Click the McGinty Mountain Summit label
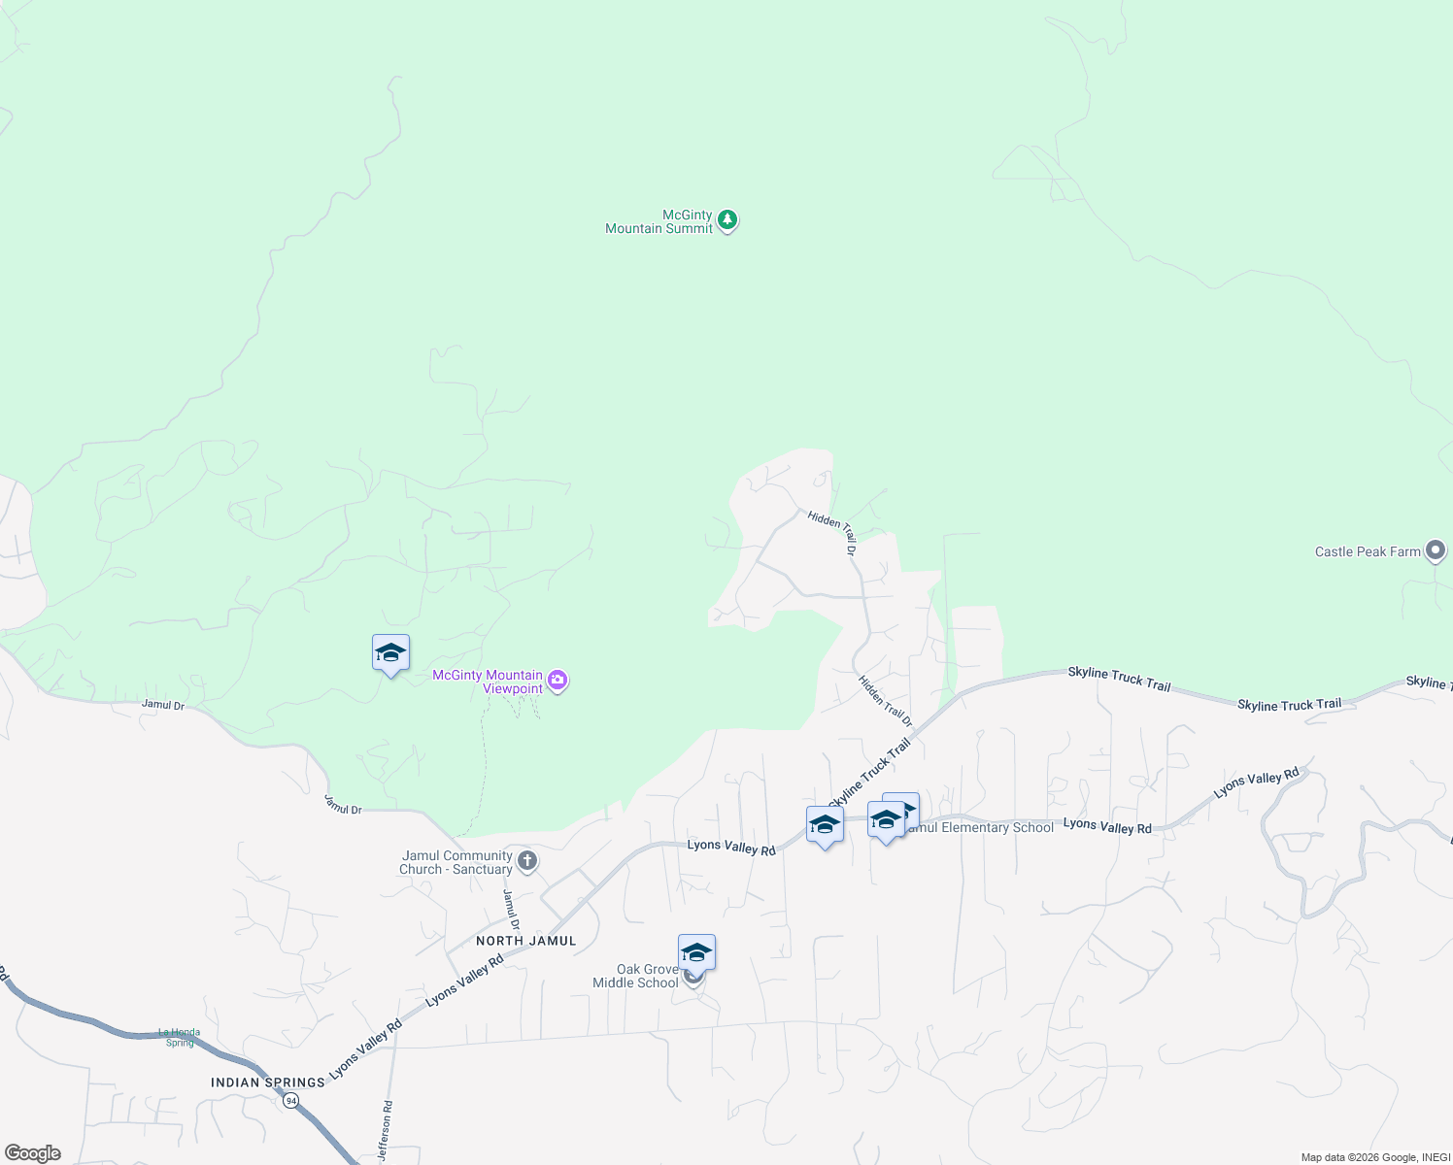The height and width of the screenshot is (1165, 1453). tap(659, 222)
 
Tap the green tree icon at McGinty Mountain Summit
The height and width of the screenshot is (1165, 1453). tap(727, 220)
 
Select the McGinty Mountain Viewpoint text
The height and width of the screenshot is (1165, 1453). tap(488, 682)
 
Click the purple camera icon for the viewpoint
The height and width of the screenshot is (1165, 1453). tap(558, 680)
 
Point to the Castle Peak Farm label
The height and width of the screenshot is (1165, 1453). tap(1368, 552)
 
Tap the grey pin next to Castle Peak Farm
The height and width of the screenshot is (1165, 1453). tap(1436, 550)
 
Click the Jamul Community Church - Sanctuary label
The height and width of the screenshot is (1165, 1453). tap(456, 862)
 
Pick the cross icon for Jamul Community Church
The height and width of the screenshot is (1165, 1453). tap(527, 860)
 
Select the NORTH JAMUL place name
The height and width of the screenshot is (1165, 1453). tap(525, 941)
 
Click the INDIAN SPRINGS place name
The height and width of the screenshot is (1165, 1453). tap(268, 1082)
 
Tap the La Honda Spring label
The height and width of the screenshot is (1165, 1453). tap(180, 1038)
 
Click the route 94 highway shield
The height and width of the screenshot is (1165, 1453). tap(290, 1101)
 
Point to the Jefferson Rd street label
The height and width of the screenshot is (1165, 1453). tap(387, 1131)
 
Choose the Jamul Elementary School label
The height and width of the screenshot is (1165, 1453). tap(979, 828)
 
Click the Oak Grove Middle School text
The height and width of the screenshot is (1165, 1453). tap(636, 976)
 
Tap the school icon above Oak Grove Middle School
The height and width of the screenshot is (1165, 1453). tap(696, 952)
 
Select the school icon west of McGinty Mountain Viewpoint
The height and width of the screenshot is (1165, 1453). tap(390, 653)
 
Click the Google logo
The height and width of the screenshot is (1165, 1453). tap(33, 1153)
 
